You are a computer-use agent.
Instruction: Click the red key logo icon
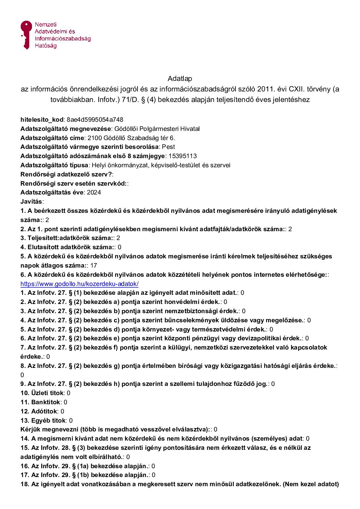[x=26, y=34]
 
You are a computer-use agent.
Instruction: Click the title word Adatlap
[x=180, y=79]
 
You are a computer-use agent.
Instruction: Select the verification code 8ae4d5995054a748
[x=95, y=120]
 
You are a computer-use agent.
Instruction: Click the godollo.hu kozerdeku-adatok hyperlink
[x=79, y=284]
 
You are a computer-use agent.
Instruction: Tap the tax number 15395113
[x=183, y=156]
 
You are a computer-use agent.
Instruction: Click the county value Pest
[x=168, y=147]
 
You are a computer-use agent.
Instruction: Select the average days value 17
[x=94, y=265]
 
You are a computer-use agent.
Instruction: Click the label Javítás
[x=31, y=202]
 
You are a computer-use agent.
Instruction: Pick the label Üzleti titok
[x=42, y=393]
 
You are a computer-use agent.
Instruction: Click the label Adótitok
[x=39, y=411]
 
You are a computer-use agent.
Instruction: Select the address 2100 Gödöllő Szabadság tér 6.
[x=131, y=138]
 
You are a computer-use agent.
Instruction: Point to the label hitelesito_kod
[x=42, y=120]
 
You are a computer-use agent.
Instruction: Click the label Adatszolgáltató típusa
[x=54, y=165]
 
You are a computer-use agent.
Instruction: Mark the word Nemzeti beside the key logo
[x=46, y=24]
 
